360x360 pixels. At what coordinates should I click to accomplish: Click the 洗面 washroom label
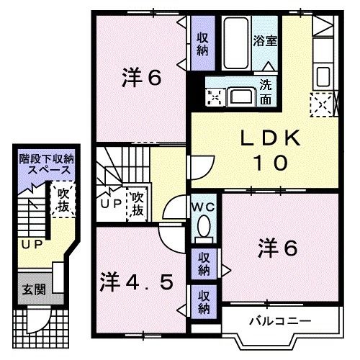266,89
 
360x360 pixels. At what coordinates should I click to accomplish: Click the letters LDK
264,137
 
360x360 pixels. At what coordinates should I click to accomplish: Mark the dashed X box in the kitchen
321,106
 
